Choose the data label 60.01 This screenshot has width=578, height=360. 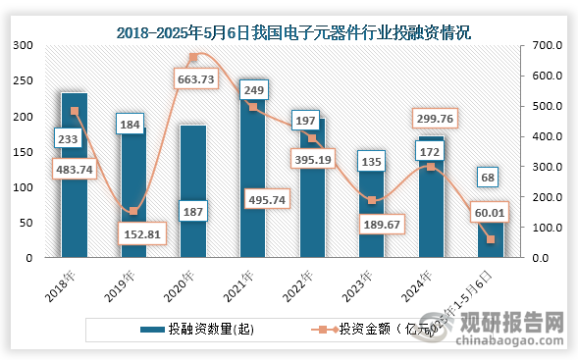coord(489,211)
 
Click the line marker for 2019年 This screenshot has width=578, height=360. coord(134,211)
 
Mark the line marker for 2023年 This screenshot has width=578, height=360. coord(372,200)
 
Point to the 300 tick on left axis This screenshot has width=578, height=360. coord(22,45)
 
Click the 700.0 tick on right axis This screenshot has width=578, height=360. coord(547,45)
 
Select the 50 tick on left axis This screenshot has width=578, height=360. coord(26,223)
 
